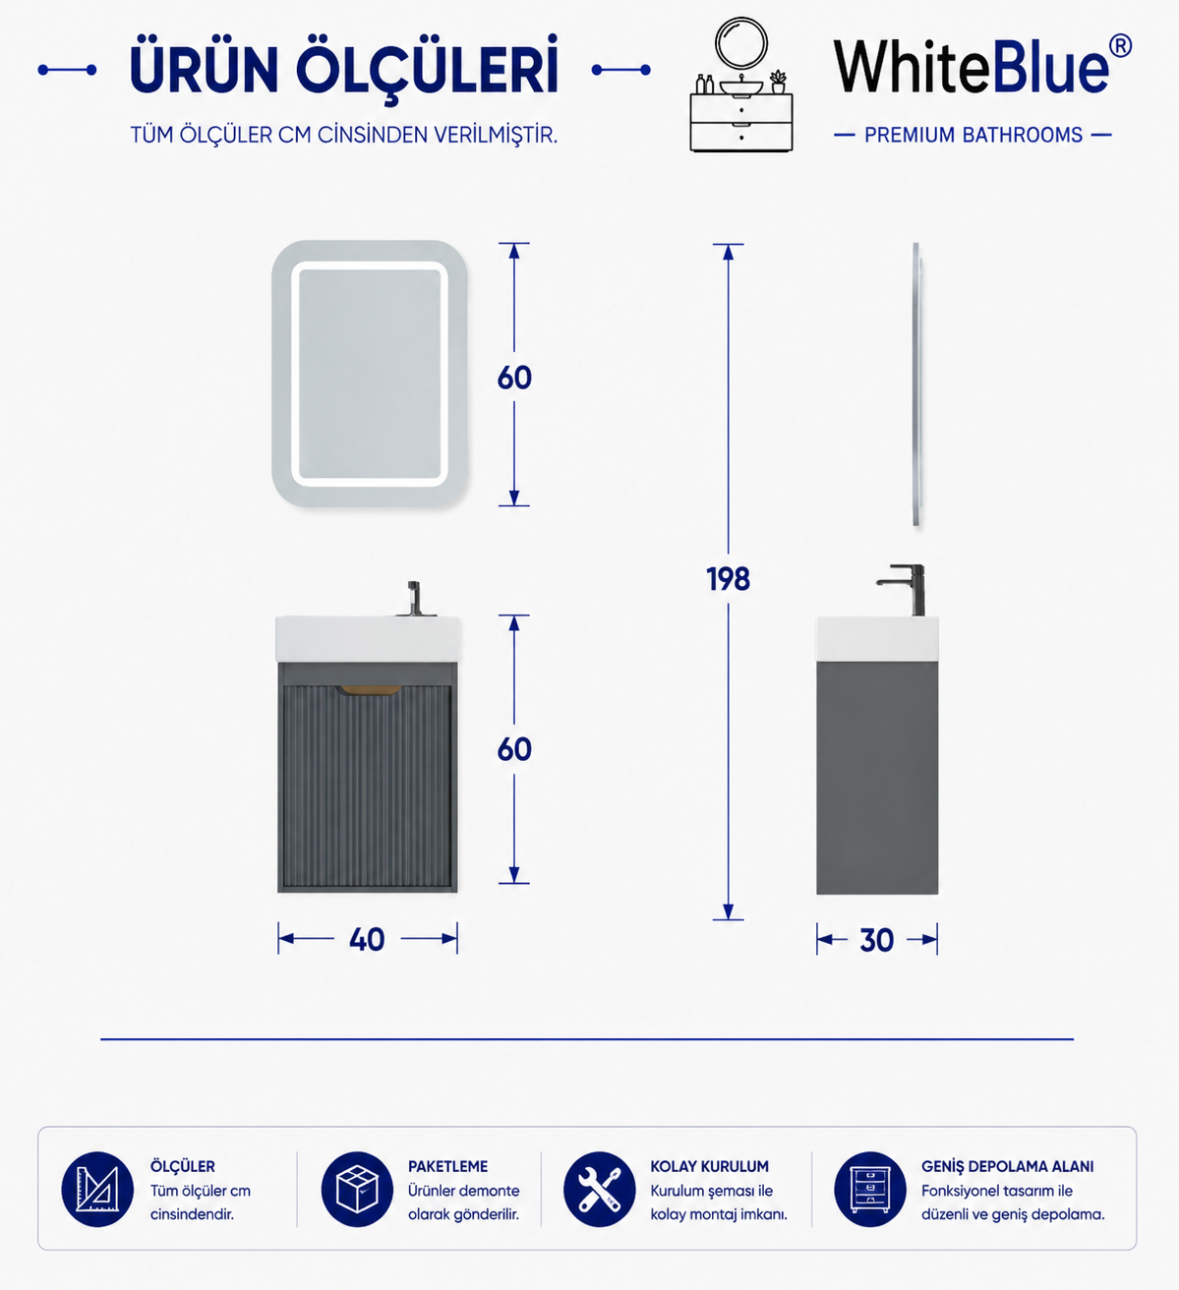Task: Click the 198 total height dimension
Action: [728, 579]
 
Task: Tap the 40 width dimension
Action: [368, 940]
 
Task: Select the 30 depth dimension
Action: [877, 940]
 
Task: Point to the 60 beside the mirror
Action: [514, 378]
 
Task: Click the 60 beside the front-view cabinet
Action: [514, 749]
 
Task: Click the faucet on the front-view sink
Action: [414, 599]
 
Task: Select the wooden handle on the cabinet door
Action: [371, 690]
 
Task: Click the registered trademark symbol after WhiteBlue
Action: [1120, 46]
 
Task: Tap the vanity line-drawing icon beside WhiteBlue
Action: [741, 85]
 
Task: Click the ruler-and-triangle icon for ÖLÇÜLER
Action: [97, 1189]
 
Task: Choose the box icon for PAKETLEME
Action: [357, 1189]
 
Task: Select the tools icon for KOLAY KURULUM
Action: [600, 1189]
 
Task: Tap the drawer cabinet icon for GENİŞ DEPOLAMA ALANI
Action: [870, 1189]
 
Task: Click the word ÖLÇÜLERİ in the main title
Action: [427, 68]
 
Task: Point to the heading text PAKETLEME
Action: [447, 1166]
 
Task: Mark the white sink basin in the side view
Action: [877, 638]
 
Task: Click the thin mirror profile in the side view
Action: [916, 383]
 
